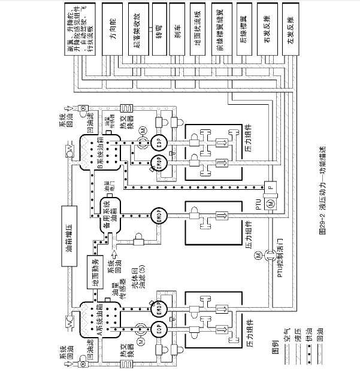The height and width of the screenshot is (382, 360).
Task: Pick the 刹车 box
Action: click(177, 28)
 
